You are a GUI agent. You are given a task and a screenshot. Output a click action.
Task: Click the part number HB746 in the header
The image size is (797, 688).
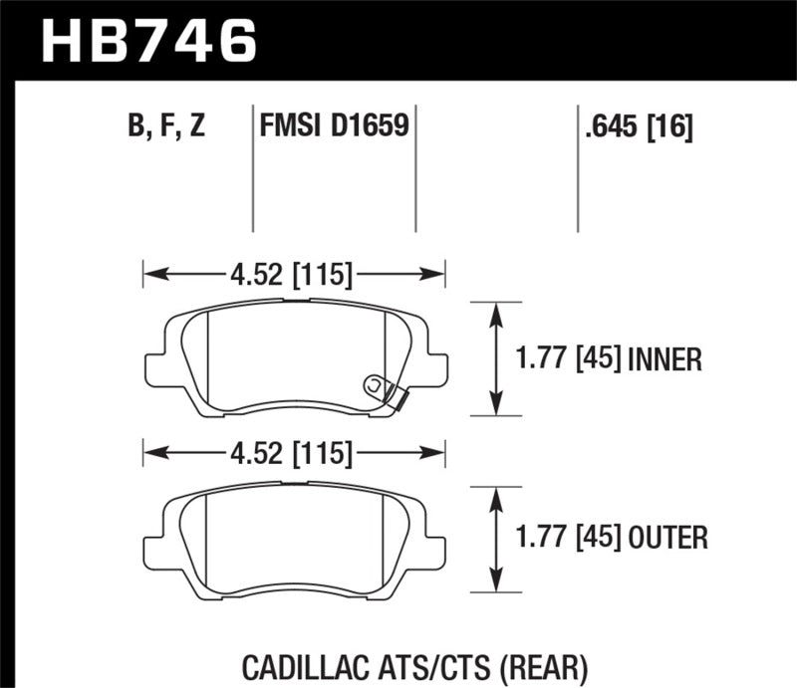click(x=147, y=40)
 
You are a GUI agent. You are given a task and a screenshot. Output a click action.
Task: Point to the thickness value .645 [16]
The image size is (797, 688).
click(x=635, y=126)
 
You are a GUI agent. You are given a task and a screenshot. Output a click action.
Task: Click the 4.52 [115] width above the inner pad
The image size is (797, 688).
click(x=294, y=272)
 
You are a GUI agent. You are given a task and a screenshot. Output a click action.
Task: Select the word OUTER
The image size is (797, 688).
click(x=668, y=539)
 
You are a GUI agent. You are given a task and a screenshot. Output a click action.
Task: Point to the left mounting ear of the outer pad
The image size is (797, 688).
click(x=155, y=548)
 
